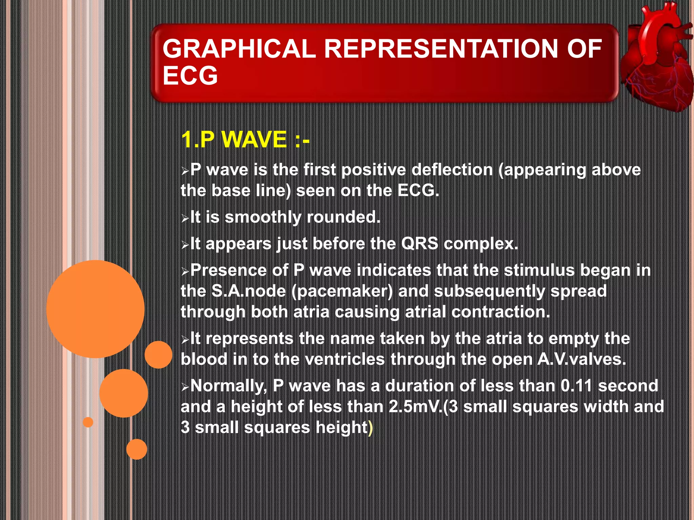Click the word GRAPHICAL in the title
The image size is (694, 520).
(x=239, y=49)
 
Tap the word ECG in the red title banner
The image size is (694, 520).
(x=190, y=75)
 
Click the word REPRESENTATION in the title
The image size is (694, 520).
(x=441, y=49)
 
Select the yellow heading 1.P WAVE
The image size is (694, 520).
(x=245, y=139)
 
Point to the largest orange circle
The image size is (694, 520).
(x=95, y=309)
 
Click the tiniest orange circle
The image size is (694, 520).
(x=88, y=422)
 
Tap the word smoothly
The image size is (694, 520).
(x=263, y=217)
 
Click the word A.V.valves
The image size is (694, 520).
(x=581, y=359)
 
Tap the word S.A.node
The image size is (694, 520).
(x=248, y=291)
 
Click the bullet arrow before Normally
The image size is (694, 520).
(x=185, y=387)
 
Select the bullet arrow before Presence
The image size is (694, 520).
(x=185, y=272)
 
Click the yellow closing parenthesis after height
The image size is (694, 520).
(x=370, y=428)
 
